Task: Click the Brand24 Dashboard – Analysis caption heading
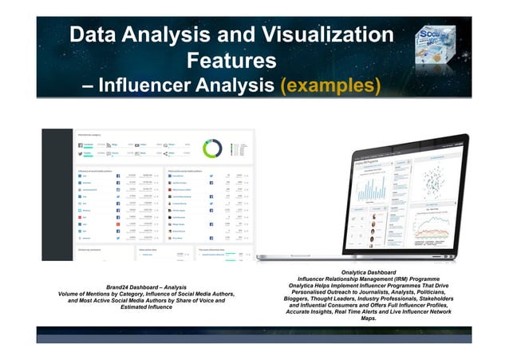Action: coord(140,287)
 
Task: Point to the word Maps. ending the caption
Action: coord(369,318)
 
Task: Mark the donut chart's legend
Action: coord(239,148)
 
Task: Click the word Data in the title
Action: coord(91,35)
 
